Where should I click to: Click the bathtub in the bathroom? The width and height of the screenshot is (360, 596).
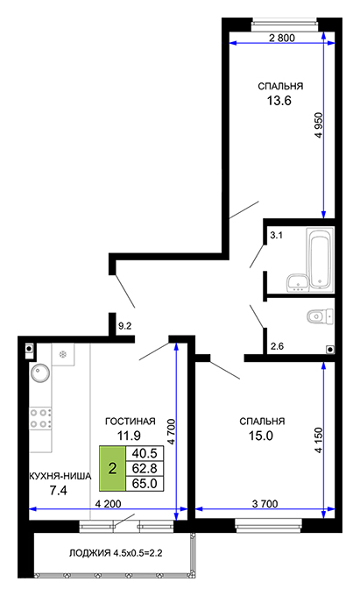point(320,259)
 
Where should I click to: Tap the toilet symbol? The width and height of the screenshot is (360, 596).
point(320,316)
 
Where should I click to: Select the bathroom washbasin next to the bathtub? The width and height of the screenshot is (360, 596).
point(297,282)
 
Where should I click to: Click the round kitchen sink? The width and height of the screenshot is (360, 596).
point(40,372)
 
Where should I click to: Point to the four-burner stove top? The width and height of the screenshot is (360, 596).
point(40,418)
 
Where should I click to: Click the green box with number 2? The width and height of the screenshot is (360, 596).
point(112,468)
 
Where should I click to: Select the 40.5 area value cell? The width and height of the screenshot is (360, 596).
point(145,453)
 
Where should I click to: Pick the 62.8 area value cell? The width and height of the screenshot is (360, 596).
point(145,468)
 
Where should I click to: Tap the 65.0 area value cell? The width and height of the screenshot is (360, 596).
point(145,483)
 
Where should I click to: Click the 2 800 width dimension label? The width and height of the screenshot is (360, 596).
point(281,38)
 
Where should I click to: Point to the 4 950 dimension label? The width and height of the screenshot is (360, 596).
point(318,125)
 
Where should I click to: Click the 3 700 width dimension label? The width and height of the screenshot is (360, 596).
point(265,504)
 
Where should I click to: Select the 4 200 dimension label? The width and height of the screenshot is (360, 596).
point(109,504)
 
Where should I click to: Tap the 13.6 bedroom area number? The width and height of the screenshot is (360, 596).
point(279,101)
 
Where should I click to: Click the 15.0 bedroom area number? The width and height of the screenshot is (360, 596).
point(261,436)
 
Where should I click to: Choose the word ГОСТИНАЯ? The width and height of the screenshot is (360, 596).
point(131,422)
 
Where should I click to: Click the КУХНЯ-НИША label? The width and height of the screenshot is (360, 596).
point(60,476)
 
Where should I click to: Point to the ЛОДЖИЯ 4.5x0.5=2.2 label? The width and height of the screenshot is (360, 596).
point(116,553)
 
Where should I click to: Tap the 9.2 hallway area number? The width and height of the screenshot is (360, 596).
point(124,326)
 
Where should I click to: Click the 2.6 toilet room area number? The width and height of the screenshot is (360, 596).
point(277,346)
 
